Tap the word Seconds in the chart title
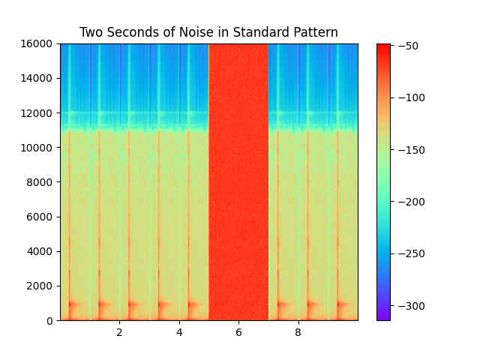[x=130, y=33]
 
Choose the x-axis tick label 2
[x=119, y=331]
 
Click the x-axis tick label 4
[x=178, y=331]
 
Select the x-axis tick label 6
[x=238, y=331]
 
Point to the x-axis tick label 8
[x=298, y=331]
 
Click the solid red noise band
[x=238, y=180]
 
